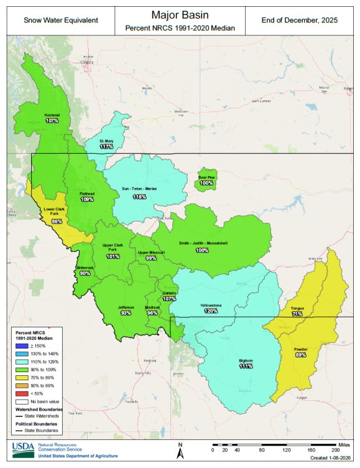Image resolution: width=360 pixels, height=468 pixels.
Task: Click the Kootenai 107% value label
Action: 52,121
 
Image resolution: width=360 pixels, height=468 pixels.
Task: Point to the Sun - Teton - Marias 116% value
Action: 139,196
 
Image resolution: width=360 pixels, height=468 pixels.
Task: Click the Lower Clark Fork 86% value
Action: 57,222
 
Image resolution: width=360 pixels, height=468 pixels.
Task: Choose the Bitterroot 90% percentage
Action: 85,273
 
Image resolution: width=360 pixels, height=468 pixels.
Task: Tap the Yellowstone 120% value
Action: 211,311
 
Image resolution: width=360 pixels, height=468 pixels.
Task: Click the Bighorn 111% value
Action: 246,366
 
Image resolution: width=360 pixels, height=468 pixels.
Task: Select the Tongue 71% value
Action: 297,314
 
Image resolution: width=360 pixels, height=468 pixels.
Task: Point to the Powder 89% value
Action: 300,355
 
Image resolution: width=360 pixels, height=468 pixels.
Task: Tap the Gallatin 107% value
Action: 170,298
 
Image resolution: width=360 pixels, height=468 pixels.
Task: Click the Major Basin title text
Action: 180,13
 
